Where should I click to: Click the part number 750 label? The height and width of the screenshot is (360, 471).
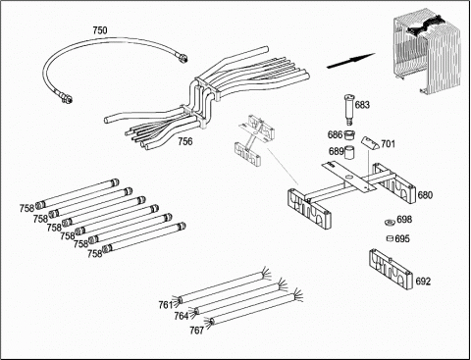pyautogui.click(x=100, y=30)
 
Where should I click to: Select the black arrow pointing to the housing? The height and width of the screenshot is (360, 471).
pyautogui.click(x=351, y=61)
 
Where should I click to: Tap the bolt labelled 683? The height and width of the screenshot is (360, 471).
pyautogui.click(x=349, y=110)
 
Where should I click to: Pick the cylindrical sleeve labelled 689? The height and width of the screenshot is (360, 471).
pyautogui.click(x=350, y=152)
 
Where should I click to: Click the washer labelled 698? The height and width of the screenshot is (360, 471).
pyautogui.click(x=390, y=223)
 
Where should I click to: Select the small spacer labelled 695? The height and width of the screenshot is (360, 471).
pyautogui.click(x=390, y=238)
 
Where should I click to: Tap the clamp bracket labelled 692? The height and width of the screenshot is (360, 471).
pyautogui.click(x=391, y=269)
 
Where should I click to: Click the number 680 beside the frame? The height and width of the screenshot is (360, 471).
pyautogui.click(x=425, y=195)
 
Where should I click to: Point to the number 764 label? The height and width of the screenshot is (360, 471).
pyautogui.click(x=182, y=316)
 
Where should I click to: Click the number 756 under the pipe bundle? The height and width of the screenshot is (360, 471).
pyautogui.click(x=185, y=141)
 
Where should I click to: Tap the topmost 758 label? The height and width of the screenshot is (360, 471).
pyautogui.click(x=26, y=208)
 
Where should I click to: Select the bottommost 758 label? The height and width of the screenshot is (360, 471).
pyautogui.click(x=94, y=253)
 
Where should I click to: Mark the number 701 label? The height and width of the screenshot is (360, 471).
pyautogui.click(x=389, y=144)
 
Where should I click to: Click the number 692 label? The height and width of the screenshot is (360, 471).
pyautogui.click(x=423, y=282)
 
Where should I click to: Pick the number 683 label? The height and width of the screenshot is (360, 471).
pyautogui.click(x=362, y=105)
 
